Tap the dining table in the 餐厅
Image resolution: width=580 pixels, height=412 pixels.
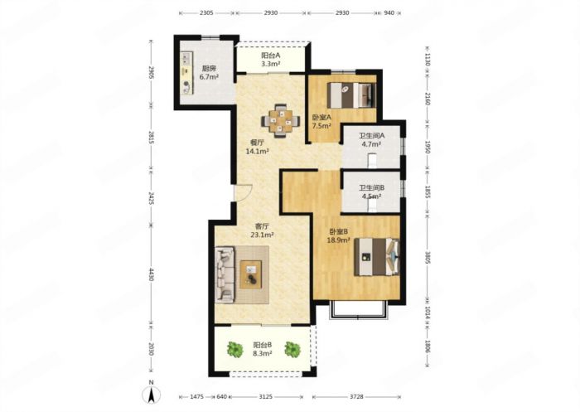coord(281,121)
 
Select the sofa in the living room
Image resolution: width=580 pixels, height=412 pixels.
coord(225,274)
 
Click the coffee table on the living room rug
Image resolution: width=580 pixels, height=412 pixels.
coord(251,274)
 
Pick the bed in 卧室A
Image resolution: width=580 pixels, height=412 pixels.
coord(351,95)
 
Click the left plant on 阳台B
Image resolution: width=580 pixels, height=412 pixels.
coord(234,349)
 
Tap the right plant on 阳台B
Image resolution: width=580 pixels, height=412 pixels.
coord(292,349)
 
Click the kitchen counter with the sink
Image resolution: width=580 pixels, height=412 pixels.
coord(187,73)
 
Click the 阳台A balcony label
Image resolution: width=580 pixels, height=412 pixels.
coord(271,56)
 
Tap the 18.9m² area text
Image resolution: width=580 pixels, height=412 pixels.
coord(338,240)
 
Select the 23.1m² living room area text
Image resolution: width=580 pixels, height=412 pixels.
coord(263,235)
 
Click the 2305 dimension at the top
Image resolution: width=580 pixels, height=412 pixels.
coord(206,13)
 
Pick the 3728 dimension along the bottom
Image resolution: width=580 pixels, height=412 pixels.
coord(356,397)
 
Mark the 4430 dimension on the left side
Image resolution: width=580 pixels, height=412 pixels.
coord(151,274)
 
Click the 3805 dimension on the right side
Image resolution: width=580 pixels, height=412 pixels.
coord(428,258)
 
